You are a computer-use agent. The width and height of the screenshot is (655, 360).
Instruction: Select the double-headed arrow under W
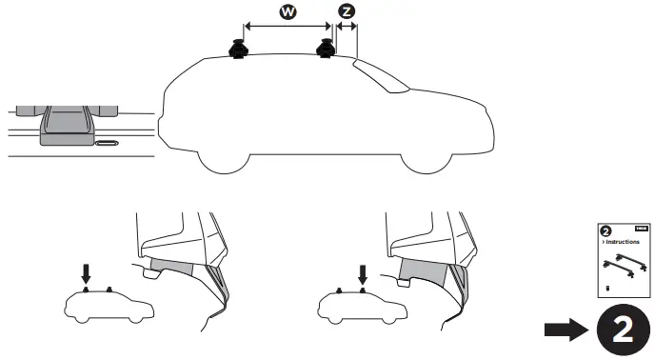(x=287, y=28)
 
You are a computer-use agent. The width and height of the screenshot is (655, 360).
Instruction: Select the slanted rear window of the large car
(x=380, y=76)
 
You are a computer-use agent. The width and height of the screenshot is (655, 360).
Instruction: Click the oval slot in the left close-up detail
(x=108, y=143)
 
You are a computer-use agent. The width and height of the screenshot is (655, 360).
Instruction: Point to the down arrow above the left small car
(x=86, y=272)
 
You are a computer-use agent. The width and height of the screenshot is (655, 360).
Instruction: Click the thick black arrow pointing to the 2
(x=566, y=330)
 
